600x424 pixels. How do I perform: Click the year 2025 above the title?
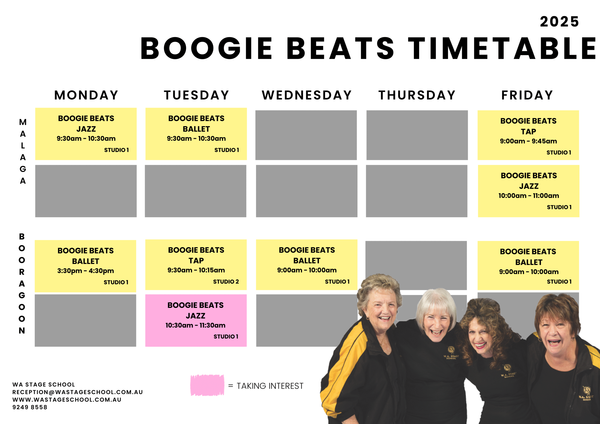coord(559,22)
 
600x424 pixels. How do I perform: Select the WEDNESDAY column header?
coord(307,95)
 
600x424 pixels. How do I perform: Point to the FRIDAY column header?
coord(527,95)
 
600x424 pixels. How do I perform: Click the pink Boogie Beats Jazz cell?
coord(196,320)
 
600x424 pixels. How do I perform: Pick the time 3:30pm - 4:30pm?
coord(86,271)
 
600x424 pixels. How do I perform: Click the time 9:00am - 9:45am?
coord(528,141)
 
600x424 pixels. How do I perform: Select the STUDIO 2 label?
coord(226,282)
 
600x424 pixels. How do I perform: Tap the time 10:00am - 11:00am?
coord(529,196)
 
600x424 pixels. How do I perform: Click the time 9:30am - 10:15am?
coord(196,270)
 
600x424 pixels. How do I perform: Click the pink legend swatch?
coord(207,385)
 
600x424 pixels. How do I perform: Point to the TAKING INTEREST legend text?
coord(270,386)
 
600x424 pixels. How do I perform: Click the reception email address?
coord(78,392)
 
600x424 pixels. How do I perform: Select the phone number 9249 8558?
coord(30,407)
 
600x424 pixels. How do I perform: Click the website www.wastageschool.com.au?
coord(67,400)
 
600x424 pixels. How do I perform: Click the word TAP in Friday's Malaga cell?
coord(528,131)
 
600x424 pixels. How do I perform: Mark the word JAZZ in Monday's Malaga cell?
coord(86,129)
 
